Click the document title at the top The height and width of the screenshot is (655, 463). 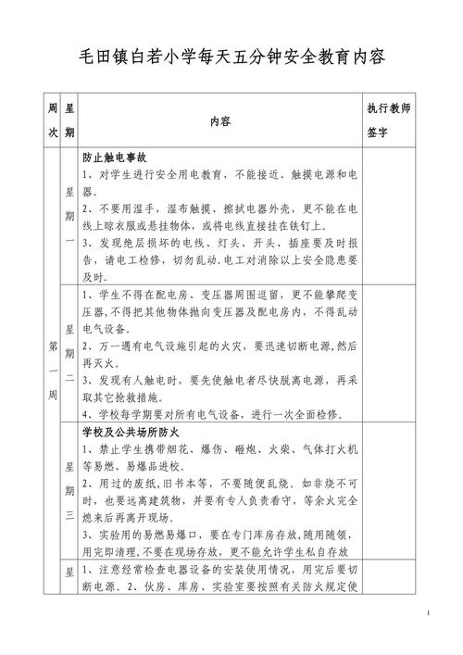[231, 56]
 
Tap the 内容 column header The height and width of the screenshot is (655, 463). [219, 121]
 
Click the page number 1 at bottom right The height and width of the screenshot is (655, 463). [432, 614]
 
